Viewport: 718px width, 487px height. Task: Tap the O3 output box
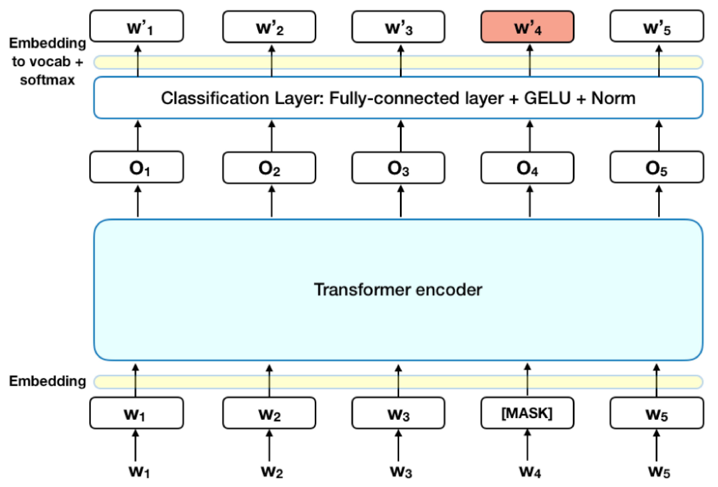(x=398, y=167)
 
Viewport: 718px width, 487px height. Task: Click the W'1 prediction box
(x=137, y=26)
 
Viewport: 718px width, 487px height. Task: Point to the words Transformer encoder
(x=398, y=289)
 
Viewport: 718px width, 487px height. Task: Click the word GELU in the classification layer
(x=547, y=98)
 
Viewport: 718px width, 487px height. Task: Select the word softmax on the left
(x=47, y=80)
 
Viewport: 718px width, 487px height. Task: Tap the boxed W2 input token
(x=269, y=413)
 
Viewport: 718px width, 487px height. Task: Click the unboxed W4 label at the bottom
(x=530, y=471)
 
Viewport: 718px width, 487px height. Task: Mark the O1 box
(x=137, y=167)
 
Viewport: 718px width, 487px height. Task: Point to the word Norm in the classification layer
(x=613, y=98)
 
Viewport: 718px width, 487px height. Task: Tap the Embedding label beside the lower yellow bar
(x=47, y=381)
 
